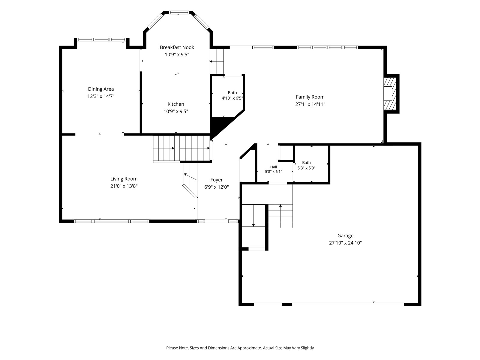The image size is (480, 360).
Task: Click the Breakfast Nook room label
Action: point(177,47)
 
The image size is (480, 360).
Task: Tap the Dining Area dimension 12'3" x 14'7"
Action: point(101,96)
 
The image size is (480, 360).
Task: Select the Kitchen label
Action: point(176,104)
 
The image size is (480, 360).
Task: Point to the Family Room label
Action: point(310,97)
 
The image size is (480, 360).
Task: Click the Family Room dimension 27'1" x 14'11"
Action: point(310,104)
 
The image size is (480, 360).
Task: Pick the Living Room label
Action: point(124,179)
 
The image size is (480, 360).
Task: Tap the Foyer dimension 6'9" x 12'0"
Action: point(217,187)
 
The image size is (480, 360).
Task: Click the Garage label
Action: point(345,235)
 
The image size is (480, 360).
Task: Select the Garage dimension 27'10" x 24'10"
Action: point(345,243)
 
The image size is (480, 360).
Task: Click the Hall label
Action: point(273,167)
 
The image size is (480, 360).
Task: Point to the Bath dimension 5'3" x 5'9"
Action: point(306,168)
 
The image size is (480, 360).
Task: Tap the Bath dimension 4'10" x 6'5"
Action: point(232,98)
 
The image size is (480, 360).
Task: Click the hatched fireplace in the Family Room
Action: point(390,94)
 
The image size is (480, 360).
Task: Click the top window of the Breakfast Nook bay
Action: point(179,13)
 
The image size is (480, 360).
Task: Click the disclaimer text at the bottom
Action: point(240,348)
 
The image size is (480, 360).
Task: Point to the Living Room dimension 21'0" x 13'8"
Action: point(124,186)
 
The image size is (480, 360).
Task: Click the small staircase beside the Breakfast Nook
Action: point(217,61)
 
